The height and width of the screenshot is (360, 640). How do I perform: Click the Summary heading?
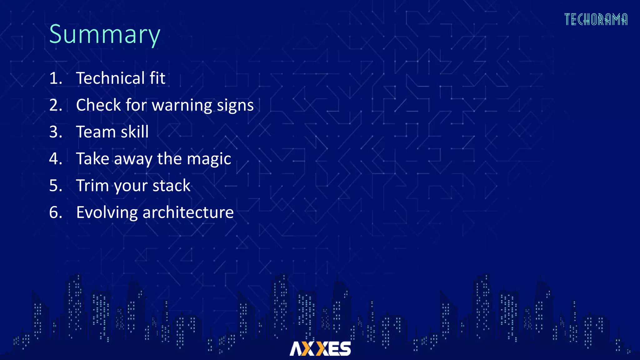pos(105,34)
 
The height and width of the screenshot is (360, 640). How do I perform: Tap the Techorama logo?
pos(596,19)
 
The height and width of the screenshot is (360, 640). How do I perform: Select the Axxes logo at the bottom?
pos(320,348)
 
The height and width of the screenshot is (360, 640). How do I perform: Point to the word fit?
pos(157,78)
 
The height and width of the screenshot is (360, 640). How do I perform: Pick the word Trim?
pos(92,186)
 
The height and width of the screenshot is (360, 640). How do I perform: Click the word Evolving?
pos(107,212)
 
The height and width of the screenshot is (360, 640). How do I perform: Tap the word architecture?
pos(188,212)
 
